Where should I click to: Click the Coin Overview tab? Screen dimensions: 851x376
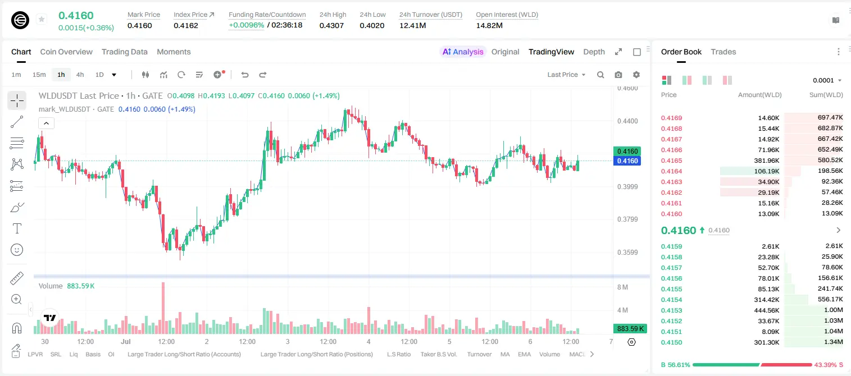pyautogui.click(x=66, y=52)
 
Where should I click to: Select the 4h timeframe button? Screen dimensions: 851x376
pyautogui.click(x=80, y=75)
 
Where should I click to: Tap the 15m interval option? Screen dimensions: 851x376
pyautogui.click(x=39, y=75)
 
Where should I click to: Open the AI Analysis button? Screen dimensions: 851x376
pyautogui.click(x=463, y=52)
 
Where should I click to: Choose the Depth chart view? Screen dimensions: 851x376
pyautogui.click(x=594, y=52)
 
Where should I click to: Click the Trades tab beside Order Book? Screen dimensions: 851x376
pyautogui.click(x=723, y=52)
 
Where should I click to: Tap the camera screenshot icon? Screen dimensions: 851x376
pyautogui.click(x=618, y=75)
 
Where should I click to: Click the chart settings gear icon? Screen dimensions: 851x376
pyautogui.click(x=636, y=75)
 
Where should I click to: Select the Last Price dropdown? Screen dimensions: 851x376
pyautogui.click(x=566, y=75)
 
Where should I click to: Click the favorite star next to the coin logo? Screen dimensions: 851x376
pyautogui.click(x=42, y=19)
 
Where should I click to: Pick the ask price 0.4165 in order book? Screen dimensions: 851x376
pyautogui.click(x=671, y=161)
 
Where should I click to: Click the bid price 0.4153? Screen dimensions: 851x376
pyautogui.click(x=671, y=310)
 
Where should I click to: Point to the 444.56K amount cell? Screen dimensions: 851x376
pyautogui.click(x=766, y=310)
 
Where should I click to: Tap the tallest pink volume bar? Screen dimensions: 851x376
pyautogui.click(x=163, y=308)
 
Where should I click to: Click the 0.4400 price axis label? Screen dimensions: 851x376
pyautogui.click(x=627, y=121)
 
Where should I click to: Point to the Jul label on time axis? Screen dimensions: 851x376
pyautogui.click(x=126, y=341)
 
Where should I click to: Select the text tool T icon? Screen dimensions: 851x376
pyautogui.click(x=17, y=228)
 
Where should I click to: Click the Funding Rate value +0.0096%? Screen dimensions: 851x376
pyautogui.click(x=246, y=25)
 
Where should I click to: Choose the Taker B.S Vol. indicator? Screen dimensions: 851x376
pyautogui.click(x=439, y=354)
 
